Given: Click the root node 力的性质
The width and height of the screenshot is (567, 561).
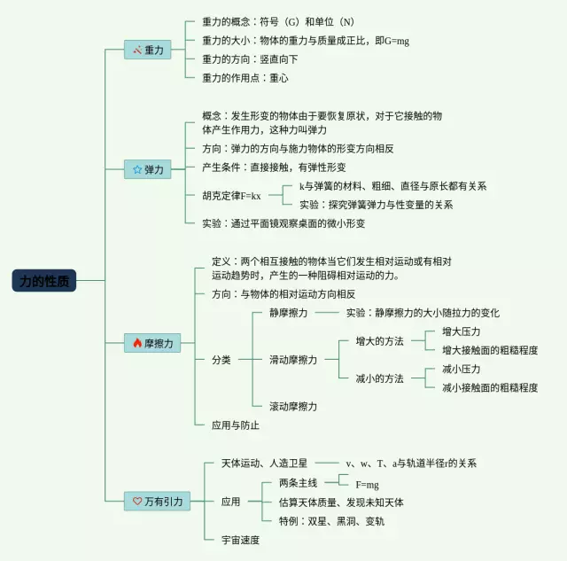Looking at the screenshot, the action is [44, 281].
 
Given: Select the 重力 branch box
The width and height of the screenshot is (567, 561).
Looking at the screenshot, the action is [147, 51].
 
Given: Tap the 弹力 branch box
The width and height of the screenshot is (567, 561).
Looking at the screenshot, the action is [147, 169].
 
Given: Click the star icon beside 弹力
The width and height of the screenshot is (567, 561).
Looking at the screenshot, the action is [136, 169].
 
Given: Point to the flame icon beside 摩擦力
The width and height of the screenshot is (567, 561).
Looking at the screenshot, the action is [136, 342].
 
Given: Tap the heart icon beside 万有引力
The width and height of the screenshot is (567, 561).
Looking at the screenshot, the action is [137, 501].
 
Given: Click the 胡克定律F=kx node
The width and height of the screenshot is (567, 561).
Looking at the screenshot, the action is [231, 195].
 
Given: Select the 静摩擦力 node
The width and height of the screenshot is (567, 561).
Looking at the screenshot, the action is [288, 313].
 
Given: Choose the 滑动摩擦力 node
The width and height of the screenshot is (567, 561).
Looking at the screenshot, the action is [293, 360].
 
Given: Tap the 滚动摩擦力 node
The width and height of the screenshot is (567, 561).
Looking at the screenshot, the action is [293, 406].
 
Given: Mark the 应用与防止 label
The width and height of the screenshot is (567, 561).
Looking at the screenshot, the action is [236, 425].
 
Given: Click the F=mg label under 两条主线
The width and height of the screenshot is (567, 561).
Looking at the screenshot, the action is [367, 485].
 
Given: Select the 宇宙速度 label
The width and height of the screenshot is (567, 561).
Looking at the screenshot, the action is [240, 539].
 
